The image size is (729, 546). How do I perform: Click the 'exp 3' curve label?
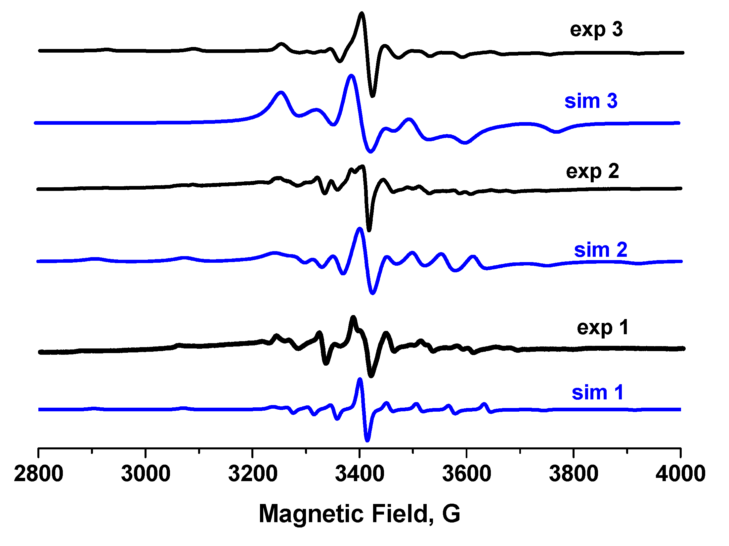click(596, 29)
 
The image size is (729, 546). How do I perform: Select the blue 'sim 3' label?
click(591, 101)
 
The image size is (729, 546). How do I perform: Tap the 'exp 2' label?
click(592, 171)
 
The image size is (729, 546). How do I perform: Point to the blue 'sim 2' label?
click(600, 250)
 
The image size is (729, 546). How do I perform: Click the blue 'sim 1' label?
click(598, 393)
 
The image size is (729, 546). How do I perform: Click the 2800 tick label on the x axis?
click(38, 474)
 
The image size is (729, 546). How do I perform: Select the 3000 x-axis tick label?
click(146, 474)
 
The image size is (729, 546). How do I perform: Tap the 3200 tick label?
click(253, 474)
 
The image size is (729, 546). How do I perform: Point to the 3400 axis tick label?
click(360, 474)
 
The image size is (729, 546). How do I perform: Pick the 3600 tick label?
click(467, 474)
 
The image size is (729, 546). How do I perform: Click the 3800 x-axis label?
click(574, 474)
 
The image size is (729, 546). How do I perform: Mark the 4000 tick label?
click(680, 474)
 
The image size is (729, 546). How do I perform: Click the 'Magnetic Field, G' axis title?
click(359, 514)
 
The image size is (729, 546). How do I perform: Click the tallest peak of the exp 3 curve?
click(362, 14)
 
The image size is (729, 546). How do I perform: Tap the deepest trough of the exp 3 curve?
click(373, 96)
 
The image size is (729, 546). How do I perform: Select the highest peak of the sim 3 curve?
click(351, 76)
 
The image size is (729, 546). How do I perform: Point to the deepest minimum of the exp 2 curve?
click(369, 230)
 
